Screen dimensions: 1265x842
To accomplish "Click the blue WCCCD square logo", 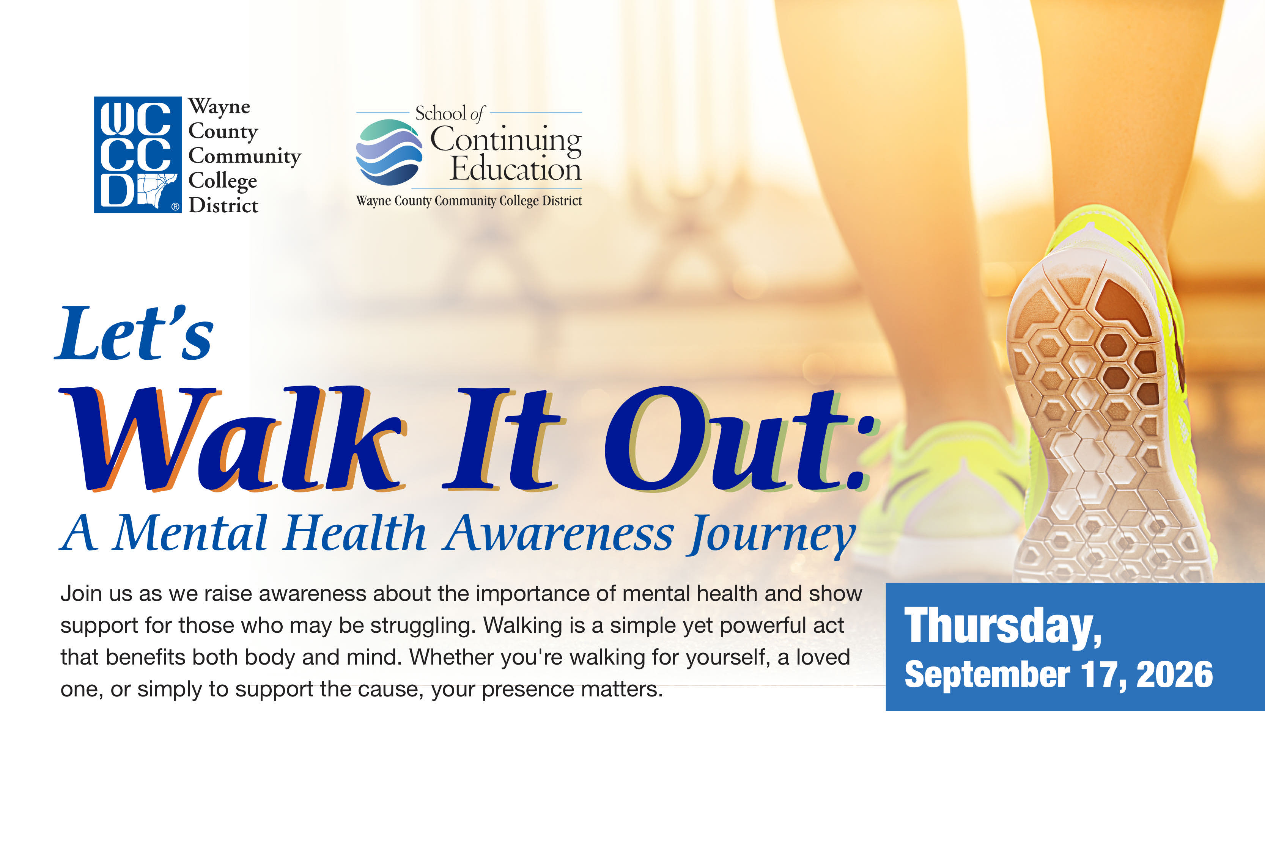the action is click(x=138, y=155).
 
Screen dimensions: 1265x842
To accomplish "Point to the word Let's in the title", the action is click(x=134, y=333).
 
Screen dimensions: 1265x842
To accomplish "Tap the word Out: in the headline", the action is click(x=742, y=439).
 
